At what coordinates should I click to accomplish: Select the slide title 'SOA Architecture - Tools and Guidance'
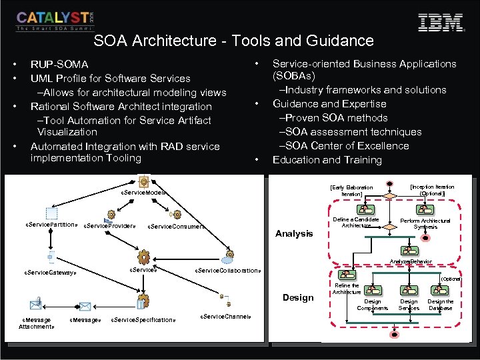[233, 41]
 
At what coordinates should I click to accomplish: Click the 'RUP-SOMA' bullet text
[59, 65]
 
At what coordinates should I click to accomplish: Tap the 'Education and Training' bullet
[327, 160]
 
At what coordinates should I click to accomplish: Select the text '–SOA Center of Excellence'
[343, 146]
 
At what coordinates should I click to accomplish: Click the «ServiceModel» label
[143, 193]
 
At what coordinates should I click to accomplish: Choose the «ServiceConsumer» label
[175, 227]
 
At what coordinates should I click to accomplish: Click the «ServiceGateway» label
[51, 273]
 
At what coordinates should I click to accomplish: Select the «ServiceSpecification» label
[143, 320]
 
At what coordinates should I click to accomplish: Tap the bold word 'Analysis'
[294, 233]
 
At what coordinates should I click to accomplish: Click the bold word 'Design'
[298, 297]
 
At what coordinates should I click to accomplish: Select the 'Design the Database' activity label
[441, 305]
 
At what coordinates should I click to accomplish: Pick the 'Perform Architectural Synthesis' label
[425, 223]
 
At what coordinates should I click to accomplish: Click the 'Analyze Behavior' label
[411, 262]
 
